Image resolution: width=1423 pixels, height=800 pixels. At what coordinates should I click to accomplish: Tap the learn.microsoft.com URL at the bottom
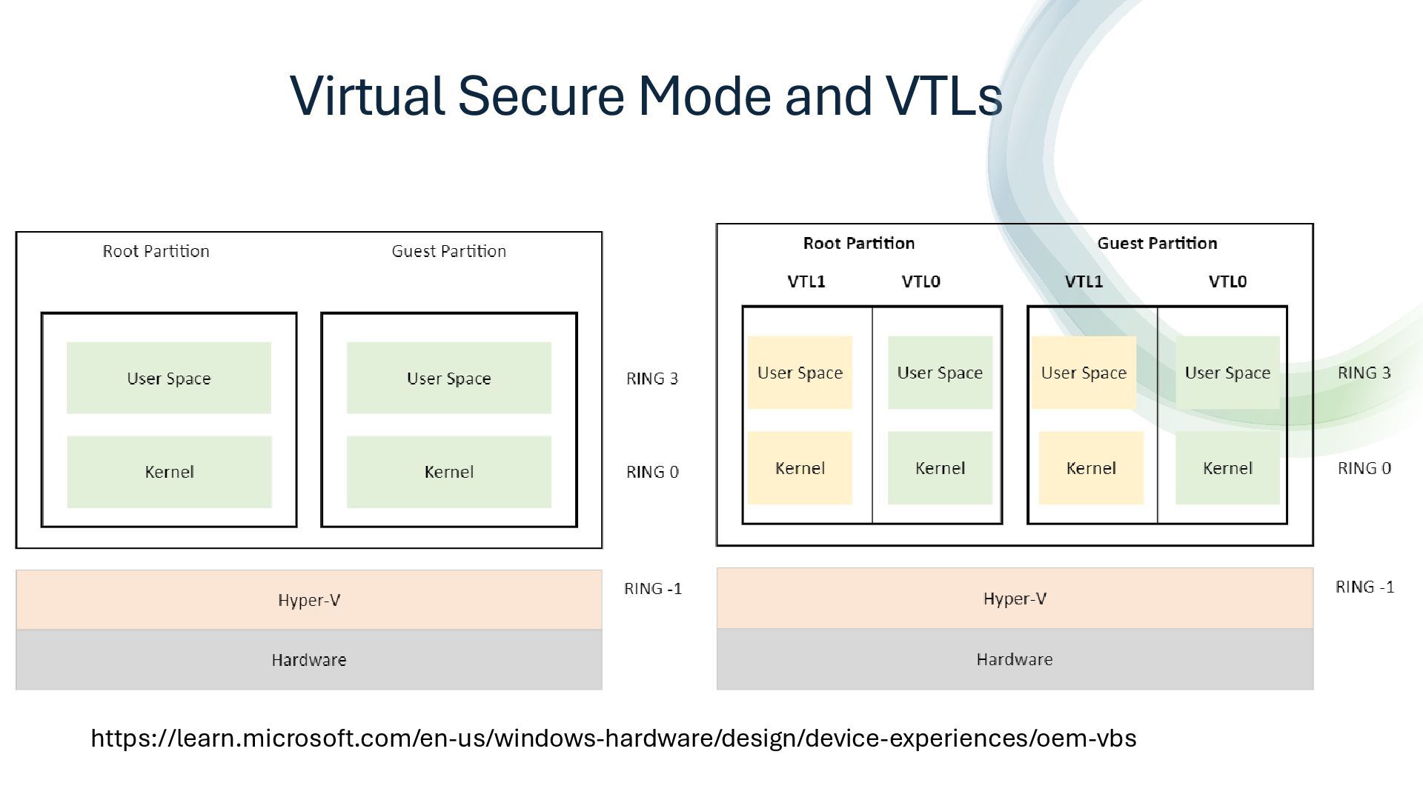click(614, 739)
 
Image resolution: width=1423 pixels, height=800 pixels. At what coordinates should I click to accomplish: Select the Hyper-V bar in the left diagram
click(309, 600)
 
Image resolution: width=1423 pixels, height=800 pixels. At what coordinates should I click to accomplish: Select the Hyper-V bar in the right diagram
click(1015, 599)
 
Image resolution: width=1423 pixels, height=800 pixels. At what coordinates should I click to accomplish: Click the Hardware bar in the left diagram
click(309, 660)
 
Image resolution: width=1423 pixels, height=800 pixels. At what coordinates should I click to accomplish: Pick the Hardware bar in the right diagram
click(1015, 659)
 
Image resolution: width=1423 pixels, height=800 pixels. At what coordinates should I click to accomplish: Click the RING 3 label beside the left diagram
click(652, 379)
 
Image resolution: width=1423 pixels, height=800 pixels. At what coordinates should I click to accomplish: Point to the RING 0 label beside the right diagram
click(1364, 468)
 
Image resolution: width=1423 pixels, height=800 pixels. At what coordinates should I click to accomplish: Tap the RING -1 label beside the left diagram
click(653, 589)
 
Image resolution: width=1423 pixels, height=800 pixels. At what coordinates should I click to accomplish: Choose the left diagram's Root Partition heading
click(156, 251)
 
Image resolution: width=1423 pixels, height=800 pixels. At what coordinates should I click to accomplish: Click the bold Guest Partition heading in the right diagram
click(1157, 243)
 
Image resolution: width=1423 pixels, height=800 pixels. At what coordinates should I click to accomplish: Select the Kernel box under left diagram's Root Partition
click(169, 472)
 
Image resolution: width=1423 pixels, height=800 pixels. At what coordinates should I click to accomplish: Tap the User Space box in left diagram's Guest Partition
click(449, 378)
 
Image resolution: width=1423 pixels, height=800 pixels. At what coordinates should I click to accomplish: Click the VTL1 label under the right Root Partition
click(806, 281)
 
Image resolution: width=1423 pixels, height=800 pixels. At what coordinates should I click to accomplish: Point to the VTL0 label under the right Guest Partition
click(1227, 281)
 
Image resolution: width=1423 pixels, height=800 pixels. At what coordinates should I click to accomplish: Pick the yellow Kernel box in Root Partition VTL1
click(800, 468)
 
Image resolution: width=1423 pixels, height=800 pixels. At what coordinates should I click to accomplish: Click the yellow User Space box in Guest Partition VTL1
click(1084, 373)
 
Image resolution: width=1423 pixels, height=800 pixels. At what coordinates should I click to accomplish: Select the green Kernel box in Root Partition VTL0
click(940, 468)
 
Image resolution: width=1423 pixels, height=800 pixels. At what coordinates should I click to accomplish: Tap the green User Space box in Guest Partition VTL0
click(1227, 373)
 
